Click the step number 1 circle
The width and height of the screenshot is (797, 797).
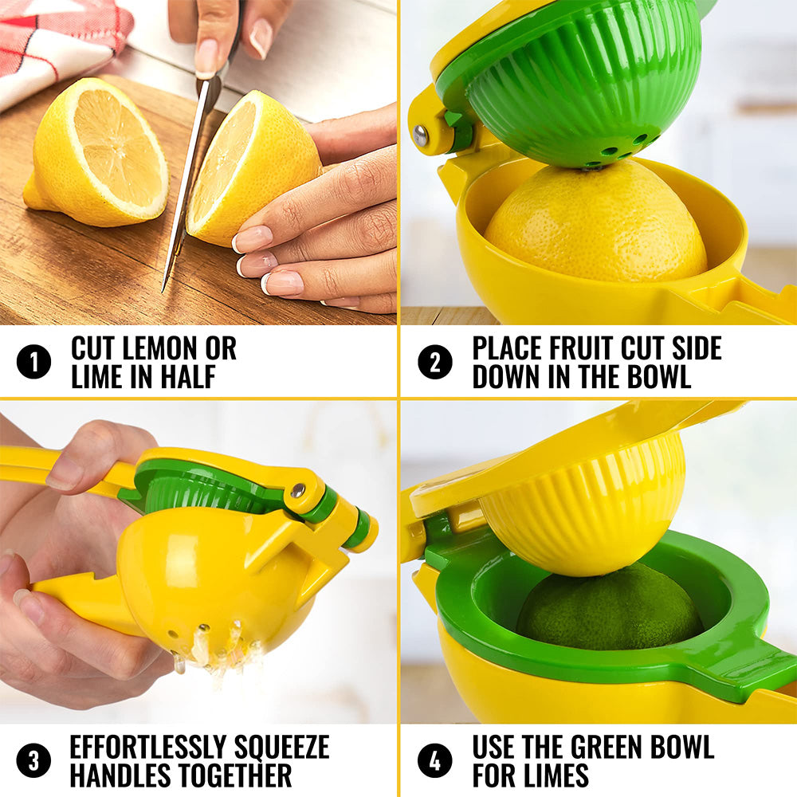33,363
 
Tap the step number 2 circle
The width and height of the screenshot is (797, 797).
434,363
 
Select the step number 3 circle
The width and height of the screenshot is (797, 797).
33,760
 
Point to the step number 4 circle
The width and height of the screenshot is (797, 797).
434,760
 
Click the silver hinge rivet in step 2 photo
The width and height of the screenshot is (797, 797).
421,136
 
